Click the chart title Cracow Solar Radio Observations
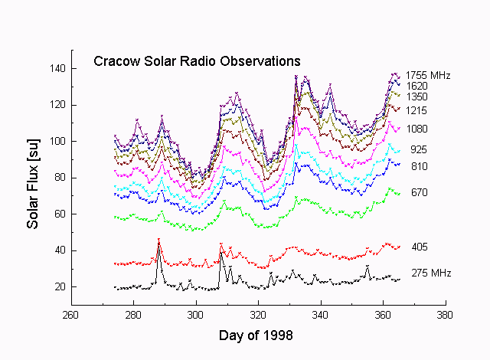coord(197,61)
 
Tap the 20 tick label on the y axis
coord(60,287)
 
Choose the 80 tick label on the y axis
coord(60,178)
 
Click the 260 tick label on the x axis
coord(70,315)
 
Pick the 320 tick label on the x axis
coord(258,315)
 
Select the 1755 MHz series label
coord(428,75)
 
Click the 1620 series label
coord(417,87)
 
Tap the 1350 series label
coord(417,97)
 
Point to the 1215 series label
coord(417,112)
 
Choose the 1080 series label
coord(417,129)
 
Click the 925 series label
coord(419,150)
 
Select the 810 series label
coord(419,166)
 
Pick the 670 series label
coord(419,192)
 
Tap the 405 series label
coord(419,247)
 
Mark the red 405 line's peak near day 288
coord(158,241)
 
